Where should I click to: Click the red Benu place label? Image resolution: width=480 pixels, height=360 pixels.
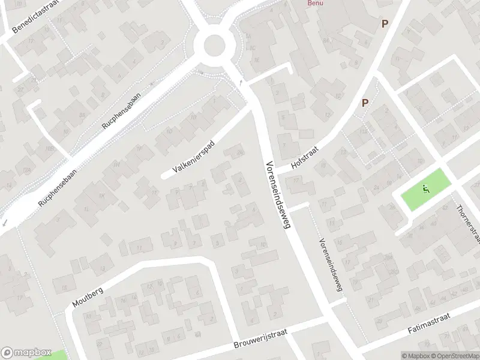click(315, 3)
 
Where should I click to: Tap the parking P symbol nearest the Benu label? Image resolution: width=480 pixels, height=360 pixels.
click(385, 24)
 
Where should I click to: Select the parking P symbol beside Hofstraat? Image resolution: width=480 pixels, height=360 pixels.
click(364, 103)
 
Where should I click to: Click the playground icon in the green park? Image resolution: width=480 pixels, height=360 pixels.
click(426, 190)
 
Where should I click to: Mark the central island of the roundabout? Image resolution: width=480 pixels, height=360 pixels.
click(215, 45)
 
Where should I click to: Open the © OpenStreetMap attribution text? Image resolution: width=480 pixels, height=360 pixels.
click(454, 356)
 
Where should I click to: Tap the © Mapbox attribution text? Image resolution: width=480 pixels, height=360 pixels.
click(414, 356)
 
